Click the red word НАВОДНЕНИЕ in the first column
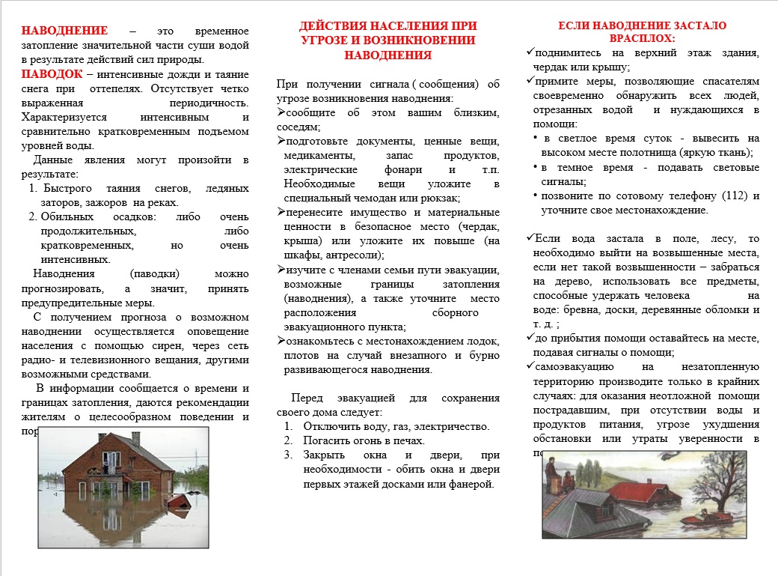click(x=64, y=31)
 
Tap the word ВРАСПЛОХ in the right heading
click(x=643, y=38)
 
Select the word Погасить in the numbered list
click(x=326, y=440)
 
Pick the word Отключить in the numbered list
click(x=330, y=426)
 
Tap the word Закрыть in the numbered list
click(x=325, y=455)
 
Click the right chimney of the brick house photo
click(x=135, y=437)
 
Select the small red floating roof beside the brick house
click(x=177, y=500)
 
